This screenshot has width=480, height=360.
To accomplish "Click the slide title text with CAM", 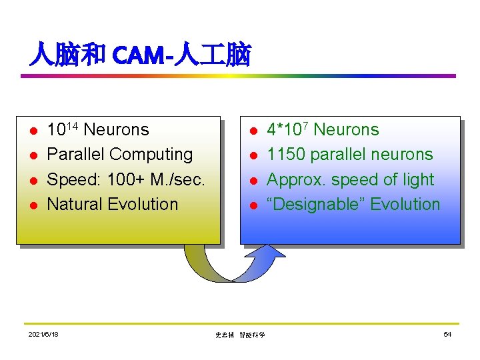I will (140, 55).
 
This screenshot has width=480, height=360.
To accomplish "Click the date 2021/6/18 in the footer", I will (43, 334).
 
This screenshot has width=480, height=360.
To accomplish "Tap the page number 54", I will (447, 334).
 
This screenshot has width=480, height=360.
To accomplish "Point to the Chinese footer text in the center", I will (240, 335).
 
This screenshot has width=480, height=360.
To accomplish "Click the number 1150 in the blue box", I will (286, 155).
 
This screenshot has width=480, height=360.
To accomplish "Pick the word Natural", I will (73, 205).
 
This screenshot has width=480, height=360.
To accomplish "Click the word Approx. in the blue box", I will (294, 180).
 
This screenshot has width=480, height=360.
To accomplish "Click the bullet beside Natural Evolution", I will (33, 205).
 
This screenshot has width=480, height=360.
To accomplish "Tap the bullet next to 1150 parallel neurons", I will (253, 156).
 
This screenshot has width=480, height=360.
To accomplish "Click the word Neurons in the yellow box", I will (117, 130).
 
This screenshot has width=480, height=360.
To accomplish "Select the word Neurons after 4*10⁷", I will (346, 130).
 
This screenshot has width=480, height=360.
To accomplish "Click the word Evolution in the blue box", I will (405, 205).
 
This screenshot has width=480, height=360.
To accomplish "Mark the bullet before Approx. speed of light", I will (253, 181).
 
